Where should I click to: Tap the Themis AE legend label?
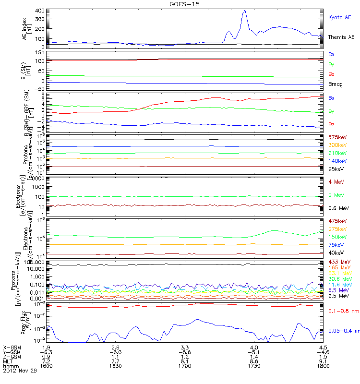tap(341, 37)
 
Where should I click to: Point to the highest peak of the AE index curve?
tap(245, 10)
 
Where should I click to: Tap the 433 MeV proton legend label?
tap(339, 261)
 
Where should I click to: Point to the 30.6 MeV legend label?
tap(339, 279)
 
